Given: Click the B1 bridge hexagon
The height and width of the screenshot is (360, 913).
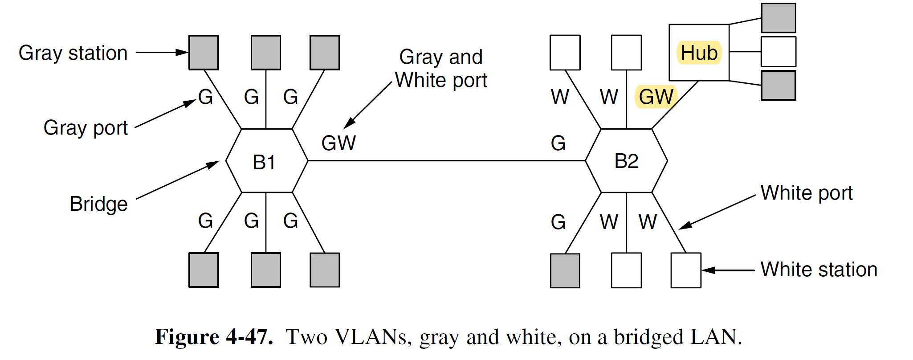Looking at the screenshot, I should click(266, 161).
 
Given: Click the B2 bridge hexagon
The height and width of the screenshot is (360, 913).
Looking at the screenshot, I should click(626, 161).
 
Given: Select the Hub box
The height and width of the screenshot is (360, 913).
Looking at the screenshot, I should click(699, 53).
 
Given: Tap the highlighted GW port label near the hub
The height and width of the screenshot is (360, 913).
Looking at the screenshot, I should click(656, 97).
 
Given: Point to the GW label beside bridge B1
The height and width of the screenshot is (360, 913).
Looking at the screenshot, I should click(338, 143).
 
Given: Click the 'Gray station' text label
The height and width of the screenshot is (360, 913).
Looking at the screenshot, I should click(73, 53).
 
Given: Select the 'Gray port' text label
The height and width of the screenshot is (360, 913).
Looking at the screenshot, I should click(86, 128).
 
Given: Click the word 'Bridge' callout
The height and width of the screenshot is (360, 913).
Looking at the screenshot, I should click(98, 204).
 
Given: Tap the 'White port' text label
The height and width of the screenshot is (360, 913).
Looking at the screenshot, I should click(806, 193).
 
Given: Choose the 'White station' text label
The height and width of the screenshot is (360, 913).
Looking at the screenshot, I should click(819, 270).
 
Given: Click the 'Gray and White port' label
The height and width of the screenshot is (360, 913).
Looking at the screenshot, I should click(441, 69).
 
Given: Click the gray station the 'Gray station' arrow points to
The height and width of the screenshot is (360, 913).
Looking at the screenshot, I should click(204, 53).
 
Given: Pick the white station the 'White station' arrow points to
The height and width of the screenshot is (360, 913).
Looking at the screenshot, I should click(686, 270).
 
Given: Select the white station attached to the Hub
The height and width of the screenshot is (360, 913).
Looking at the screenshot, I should click(778, 52).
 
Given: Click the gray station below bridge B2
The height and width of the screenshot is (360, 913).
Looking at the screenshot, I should click(565, 270).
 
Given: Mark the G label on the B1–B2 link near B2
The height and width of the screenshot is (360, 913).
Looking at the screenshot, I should click(558, 143).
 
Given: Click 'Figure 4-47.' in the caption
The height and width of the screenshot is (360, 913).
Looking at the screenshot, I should click(214, 337).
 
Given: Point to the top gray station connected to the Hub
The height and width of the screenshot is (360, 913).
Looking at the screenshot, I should click(778, 18).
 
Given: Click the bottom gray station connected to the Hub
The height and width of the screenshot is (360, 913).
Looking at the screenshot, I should click(778, 85).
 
